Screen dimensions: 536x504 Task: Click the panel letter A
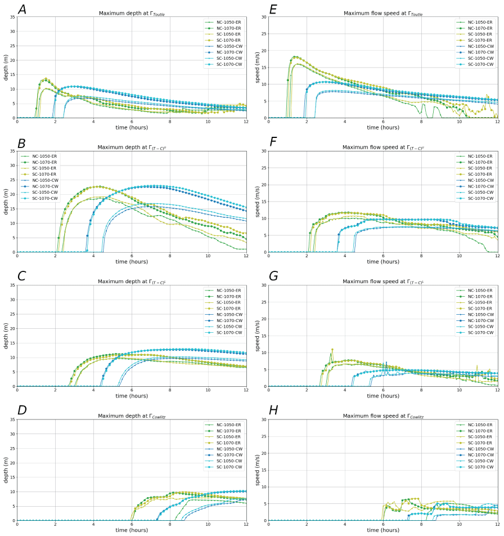pos(22,10)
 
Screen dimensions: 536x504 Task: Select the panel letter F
pos(273,142)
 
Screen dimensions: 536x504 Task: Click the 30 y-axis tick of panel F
pos(263,151)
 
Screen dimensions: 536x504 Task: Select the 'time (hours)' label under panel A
pos(132,127)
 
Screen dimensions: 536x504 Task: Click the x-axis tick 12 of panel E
pos(497,122)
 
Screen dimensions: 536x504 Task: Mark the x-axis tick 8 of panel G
pos(421,390)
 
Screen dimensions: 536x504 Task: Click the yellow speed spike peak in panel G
pos(332,349)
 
